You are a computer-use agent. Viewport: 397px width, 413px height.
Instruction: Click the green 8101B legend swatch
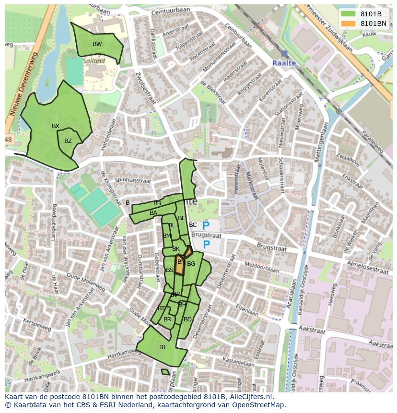(349, 14)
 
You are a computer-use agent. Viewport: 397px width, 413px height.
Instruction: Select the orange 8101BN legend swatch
(349, 23)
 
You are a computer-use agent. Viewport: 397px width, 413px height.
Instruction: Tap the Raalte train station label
(284, 63)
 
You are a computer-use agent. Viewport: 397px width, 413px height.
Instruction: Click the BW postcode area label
(97, 44)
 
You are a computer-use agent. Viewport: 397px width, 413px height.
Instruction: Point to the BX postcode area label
(56, 126)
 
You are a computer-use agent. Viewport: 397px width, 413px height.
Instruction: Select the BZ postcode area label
(68, 141)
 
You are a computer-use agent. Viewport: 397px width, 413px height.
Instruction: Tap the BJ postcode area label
(162, 347)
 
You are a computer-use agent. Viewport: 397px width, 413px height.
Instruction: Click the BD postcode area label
(187, 319)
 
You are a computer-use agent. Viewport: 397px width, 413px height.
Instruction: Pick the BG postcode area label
(191, 264)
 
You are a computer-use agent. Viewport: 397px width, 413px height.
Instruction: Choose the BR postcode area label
(167, 319)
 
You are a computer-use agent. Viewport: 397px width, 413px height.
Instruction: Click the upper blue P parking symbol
(206, 225)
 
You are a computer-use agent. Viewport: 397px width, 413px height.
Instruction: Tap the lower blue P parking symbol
(207, 245)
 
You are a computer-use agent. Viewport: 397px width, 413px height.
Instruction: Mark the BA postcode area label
(153, 213)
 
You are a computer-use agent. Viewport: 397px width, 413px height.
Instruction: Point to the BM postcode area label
(167, 236)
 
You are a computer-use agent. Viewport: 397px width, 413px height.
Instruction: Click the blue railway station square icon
(284, 54)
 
